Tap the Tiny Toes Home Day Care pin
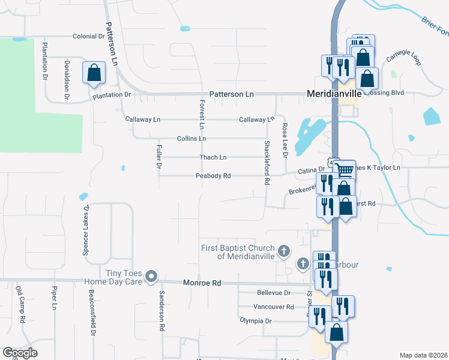(x=151, y=277)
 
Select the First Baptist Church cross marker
(x=284, y=250)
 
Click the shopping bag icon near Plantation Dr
(x=95, y=73)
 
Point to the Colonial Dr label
(x=89, y=37)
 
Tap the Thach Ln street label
(x=213, y=158)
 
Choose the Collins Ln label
(x=191, y=139)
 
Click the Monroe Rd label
(x=202, y=283)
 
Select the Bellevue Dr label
(x=274, y=293)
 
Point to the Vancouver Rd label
(x=274, y=307)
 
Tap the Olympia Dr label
(x=256, y=321)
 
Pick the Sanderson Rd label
(x=161, y=311)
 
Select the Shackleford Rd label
(x=265, y=163)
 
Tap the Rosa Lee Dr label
(x=285, y=140)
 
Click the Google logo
(x=20, y=353)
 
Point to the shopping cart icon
(x=345, y=170)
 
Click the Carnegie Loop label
(x=403, y=57)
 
